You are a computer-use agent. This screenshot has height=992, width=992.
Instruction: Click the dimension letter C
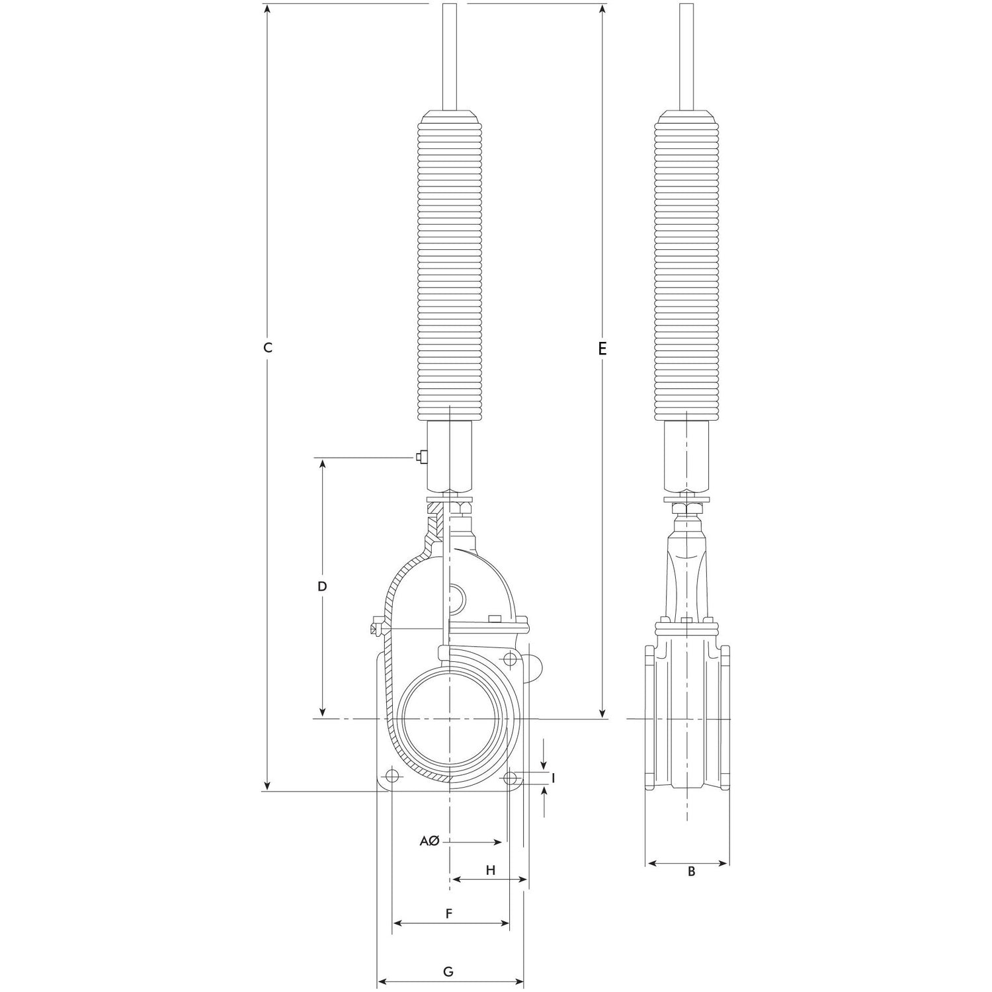click(x=268, y=348)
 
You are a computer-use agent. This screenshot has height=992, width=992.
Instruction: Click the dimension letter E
click(x=602, y=348)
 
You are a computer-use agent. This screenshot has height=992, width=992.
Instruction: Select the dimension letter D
click(x=322, y=587)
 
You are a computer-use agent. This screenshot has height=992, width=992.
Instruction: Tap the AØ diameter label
click(x=429, y=841)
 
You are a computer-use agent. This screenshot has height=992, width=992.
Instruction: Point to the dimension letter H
click(x=491, y=870)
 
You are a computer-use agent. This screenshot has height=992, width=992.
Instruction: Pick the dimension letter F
click(x=448, y=914)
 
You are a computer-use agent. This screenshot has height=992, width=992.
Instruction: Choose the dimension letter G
click(x=448, y=971)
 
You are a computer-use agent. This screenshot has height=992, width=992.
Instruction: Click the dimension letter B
click(x=692, y=872)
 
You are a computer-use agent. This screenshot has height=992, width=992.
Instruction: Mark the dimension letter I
click(x=553, y=778)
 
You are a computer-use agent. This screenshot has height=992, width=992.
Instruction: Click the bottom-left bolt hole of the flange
click(x=392, y=776)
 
